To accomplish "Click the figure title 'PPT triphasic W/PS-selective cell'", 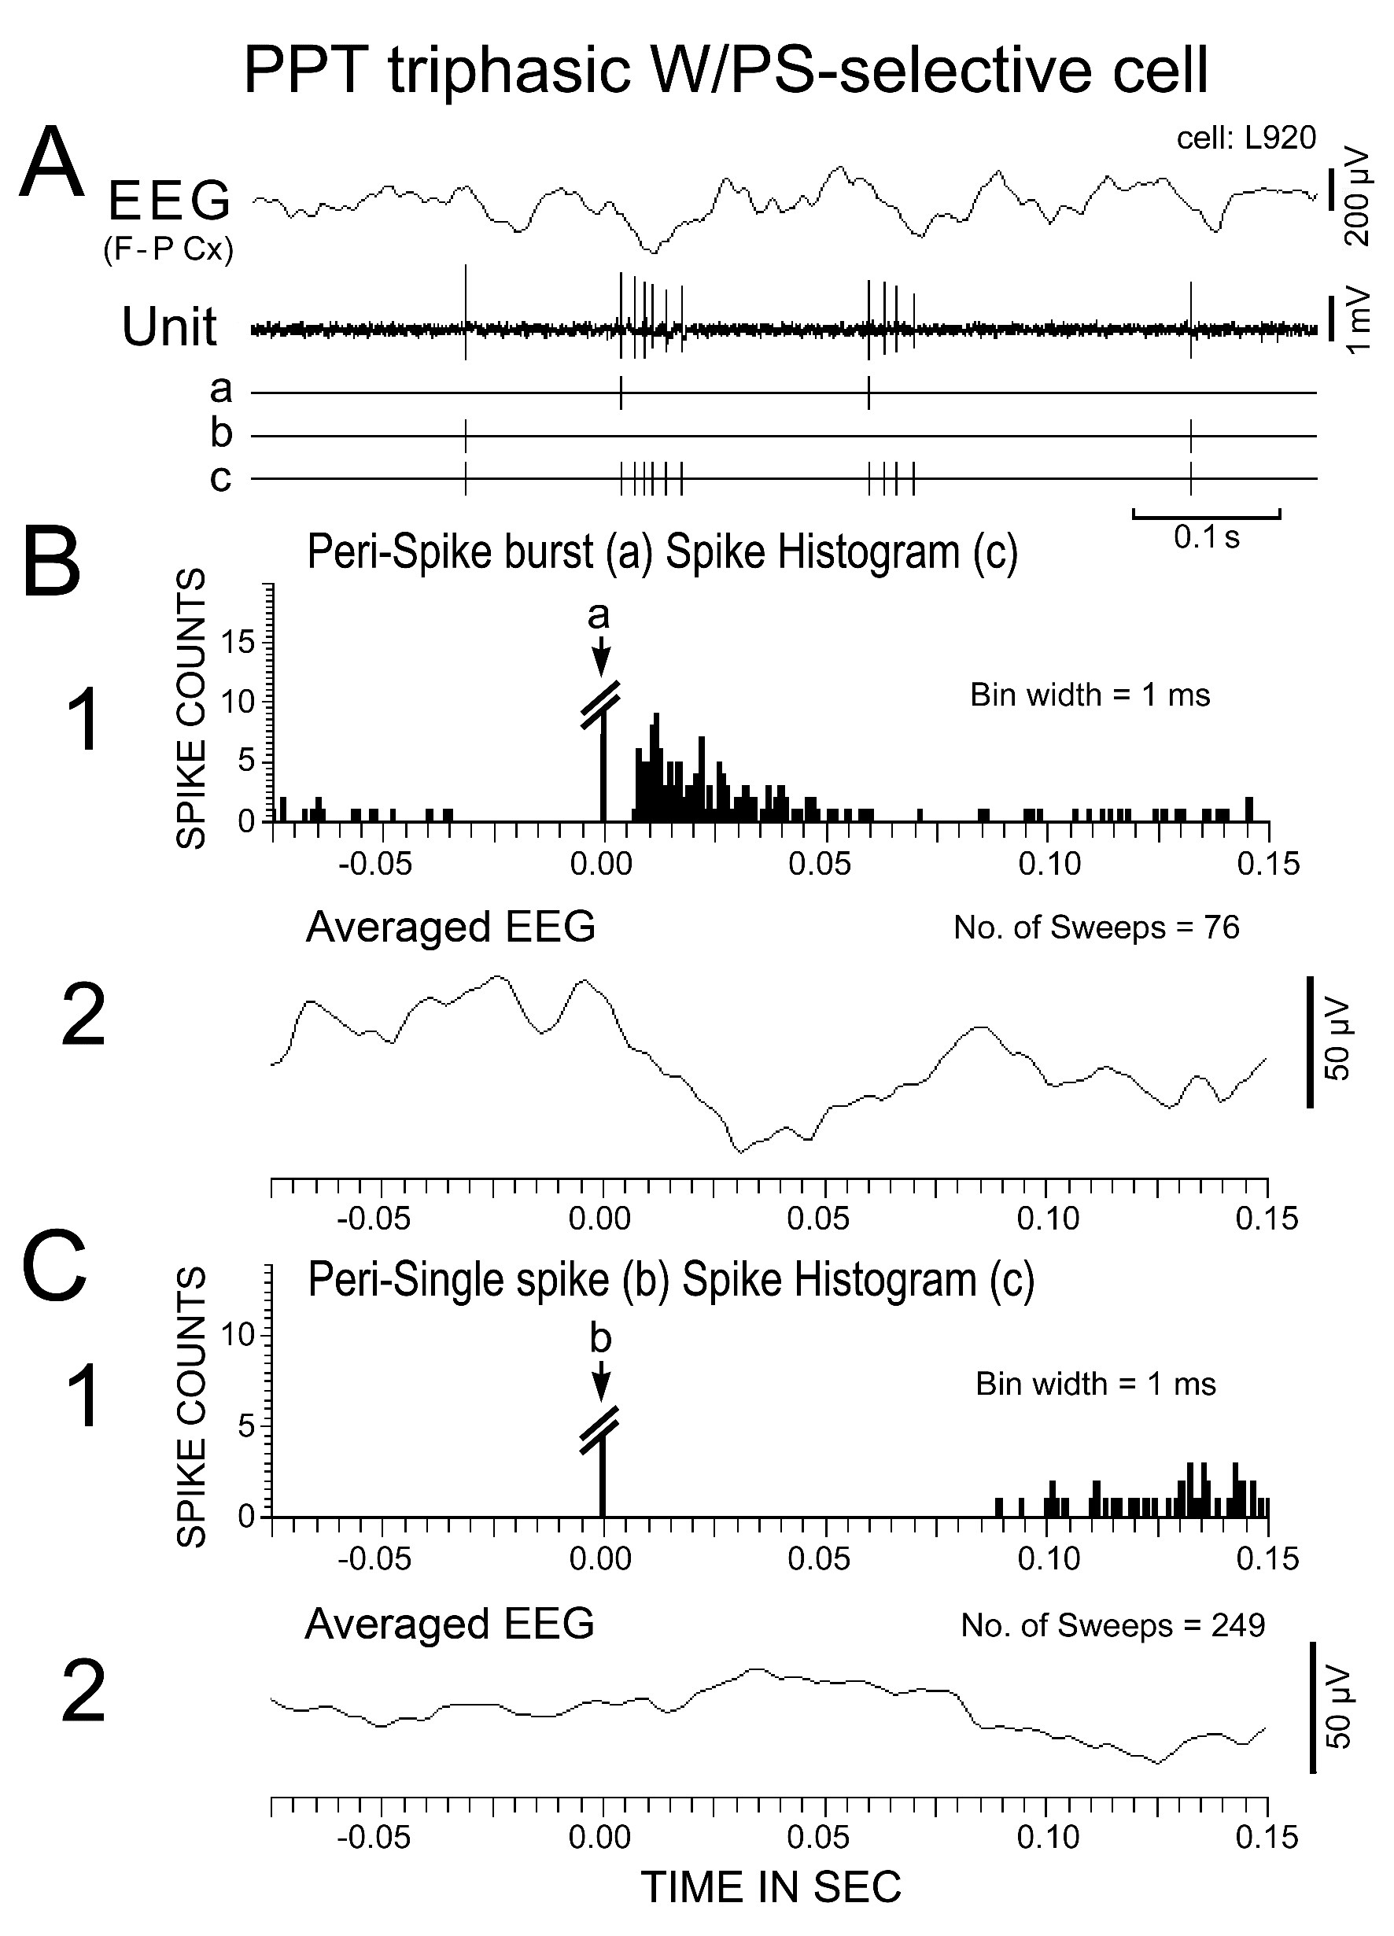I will click(725, 70).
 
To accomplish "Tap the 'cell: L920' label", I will click(1245, 138).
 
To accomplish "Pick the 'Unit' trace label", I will click(169, 326).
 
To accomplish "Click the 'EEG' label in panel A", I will click(169, 201).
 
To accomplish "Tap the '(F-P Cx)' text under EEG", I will click(168, 250).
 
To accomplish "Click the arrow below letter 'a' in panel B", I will click(601, 655).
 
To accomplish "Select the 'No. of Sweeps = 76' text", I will click(1096, 927).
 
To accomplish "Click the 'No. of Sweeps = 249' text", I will click(1112, 1625).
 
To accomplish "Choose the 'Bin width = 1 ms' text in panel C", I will click(1095, 1384).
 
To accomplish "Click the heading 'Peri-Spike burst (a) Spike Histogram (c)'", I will click(662, 552).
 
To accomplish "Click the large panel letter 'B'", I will click(51, 563).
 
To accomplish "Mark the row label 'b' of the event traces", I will click(221, 433).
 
